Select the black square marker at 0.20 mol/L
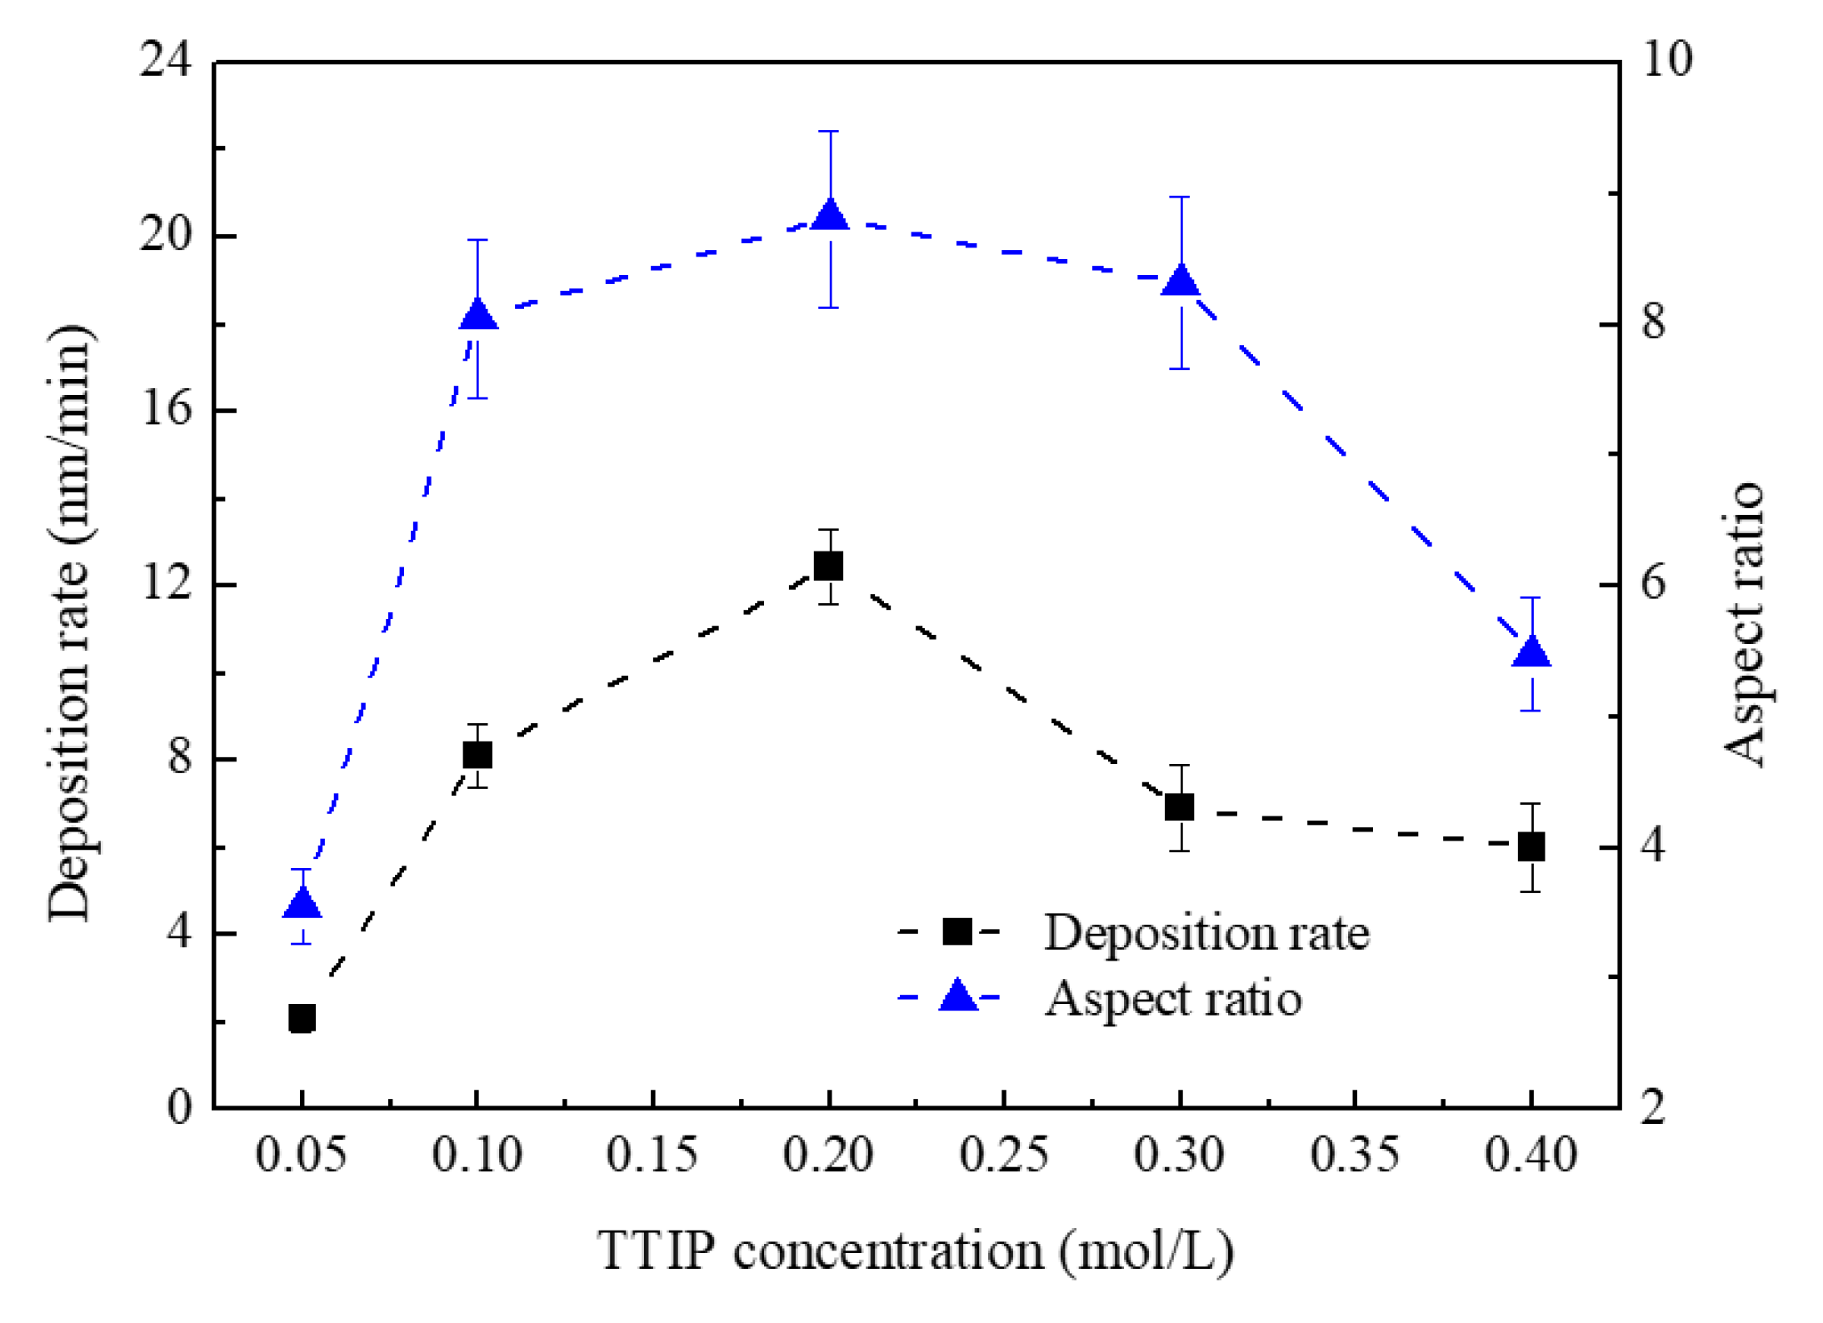click(x=828, y=566)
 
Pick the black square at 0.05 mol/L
click(x=302, y=1018)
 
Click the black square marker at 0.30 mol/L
click(x=1179, y=806)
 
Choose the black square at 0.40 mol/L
click(x=1531, y=847)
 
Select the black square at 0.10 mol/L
click(x=477, y=755)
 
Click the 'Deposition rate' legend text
click(x=1206, y=932)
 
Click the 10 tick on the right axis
click(x=1666, y=60)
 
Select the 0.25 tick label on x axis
click(x=1003, y=1155)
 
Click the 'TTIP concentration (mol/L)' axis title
click(x=915, y=1251)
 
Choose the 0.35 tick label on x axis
click(x=1355, y=1155)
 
